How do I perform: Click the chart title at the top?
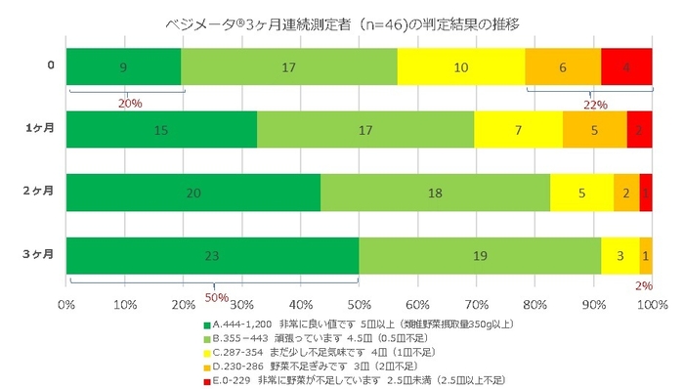pos(341,21)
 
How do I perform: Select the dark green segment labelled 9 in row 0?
pos(123,67)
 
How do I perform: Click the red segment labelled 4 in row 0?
pos(626,67)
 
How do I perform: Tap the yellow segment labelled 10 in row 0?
pos(461,67)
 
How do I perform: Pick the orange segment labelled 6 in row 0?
pos(563,67)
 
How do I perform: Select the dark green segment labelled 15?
pos(161,130)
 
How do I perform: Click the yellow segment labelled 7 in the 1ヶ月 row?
pos(518,130)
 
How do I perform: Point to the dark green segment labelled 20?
pos(193,193)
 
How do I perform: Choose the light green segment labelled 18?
pos(435,193)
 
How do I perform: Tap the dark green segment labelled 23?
pos(212,255)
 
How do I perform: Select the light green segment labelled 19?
pos(480,255)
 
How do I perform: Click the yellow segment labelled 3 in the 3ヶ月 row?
pos(620,255)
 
